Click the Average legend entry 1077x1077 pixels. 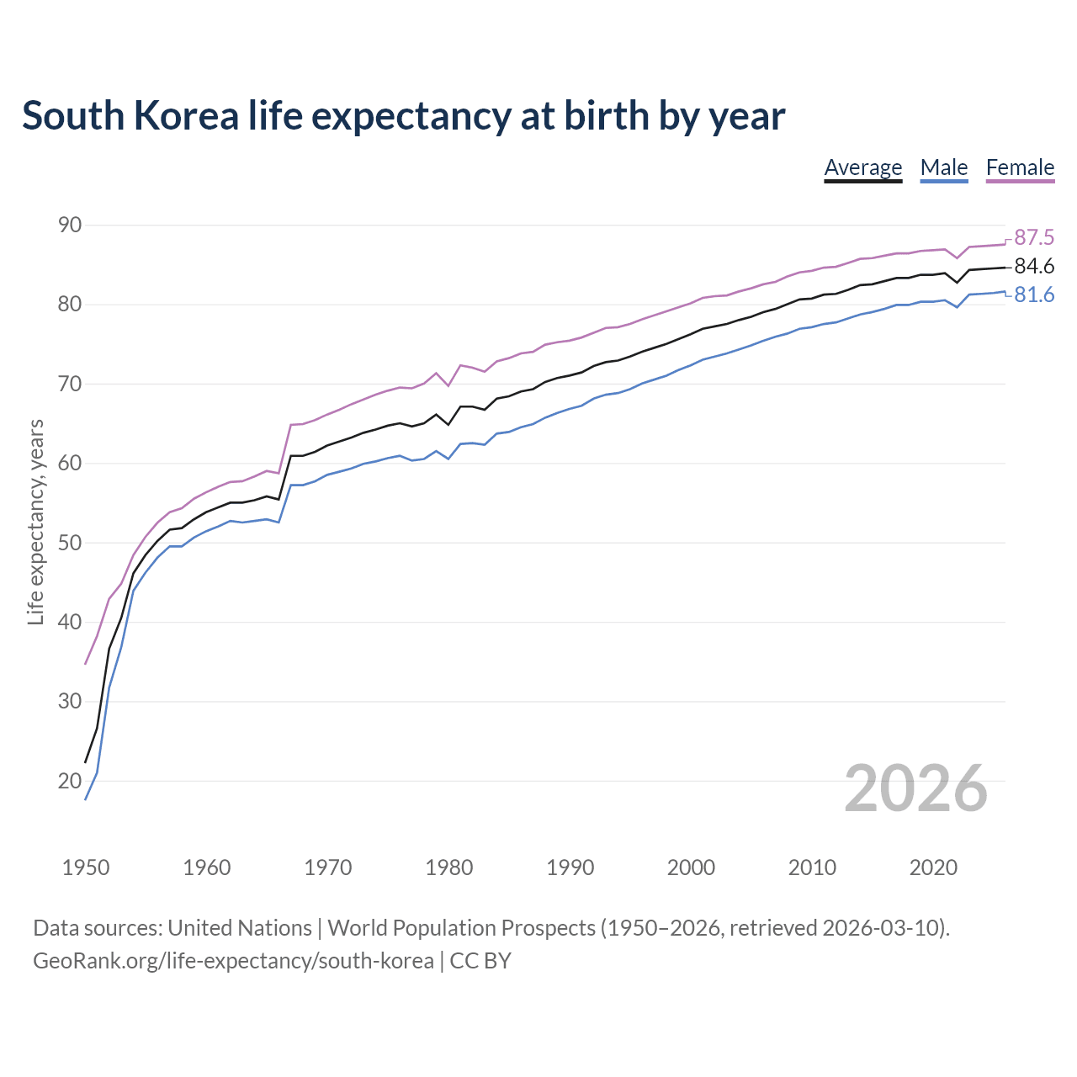862,167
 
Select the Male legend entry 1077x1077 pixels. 944,167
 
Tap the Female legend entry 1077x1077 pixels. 1020,167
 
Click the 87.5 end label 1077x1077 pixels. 1034,237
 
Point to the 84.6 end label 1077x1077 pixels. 1034,267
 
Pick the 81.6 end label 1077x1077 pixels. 1034,295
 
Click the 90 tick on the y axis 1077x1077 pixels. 70,225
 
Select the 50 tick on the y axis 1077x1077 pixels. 70,543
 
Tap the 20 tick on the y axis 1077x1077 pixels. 70,781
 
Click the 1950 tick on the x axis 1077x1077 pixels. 86,867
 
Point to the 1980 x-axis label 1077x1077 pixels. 448,867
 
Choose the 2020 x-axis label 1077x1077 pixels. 933,867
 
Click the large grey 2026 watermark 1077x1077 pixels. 915,788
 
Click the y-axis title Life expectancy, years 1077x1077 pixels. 35,523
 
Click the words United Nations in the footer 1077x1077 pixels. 240,928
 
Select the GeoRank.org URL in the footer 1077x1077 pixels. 233,961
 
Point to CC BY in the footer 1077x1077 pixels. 480,961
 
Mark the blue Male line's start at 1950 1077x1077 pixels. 86,798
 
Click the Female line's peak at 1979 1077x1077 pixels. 436,373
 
